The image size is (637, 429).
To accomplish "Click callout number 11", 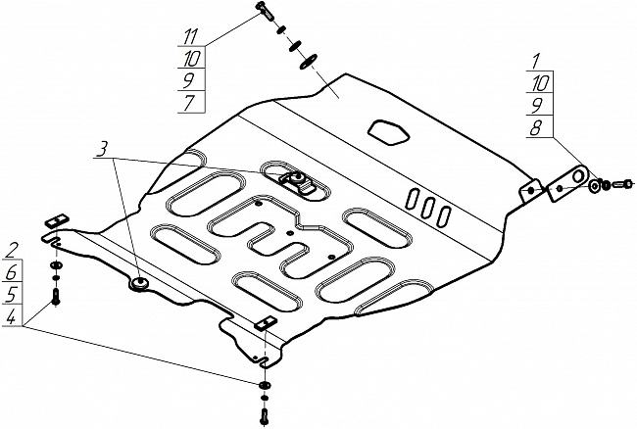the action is tap(190, 37).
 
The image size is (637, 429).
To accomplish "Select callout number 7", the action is tap(188, 102).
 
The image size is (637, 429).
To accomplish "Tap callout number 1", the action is tap(536, 61).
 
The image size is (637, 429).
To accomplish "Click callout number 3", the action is tap(102, 149).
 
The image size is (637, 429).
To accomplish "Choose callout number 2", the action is tap(12, 250).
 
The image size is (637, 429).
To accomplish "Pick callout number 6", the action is tap(11, 272).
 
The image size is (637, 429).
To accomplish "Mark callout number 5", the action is tap(11, 294).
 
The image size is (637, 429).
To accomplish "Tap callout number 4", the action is tap(11, 316).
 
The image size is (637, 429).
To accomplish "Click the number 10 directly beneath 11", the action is tap(191, 59).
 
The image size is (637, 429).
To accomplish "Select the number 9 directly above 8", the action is tap(536, 106).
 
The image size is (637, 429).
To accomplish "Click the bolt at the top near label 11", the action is tap(265, 11).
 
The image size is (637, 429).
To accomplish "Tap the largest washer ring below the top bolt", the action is tap(309, 62).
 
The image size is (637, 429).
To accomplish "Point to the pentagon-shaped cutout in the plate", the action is tap(389, 132).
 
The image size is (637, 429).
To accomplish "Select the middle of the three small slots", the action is tap(428, 210).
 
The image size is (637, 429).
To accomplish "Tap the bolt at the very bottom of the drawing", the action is tap(264, 416).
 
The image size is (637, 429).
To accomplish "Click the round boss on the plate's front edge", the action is tap(140, 282).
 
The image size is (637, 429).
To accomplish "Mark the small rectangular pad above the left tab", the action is tap(57, 220).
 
